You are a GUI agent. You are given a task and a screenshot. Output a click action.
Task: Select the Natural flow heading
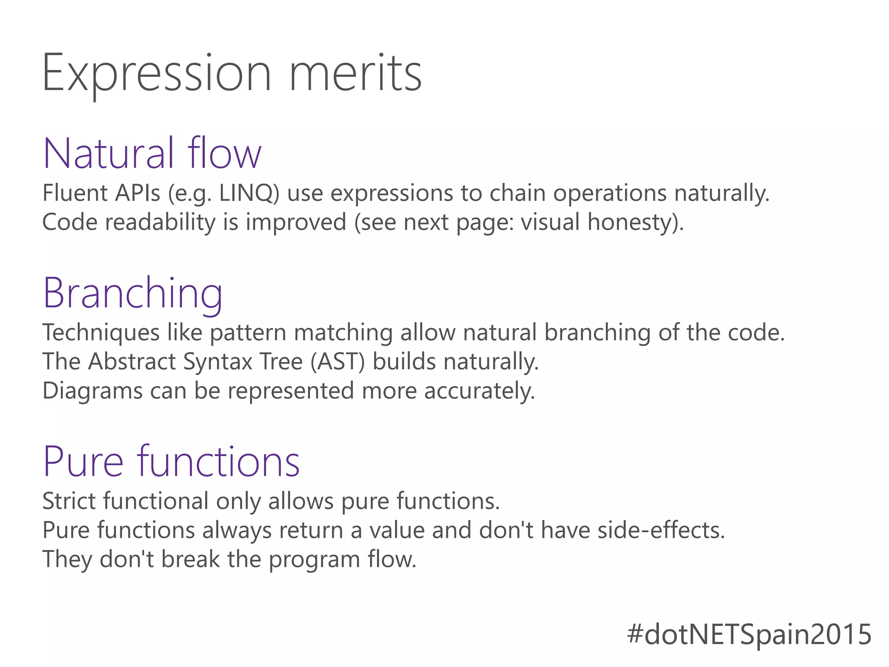152,153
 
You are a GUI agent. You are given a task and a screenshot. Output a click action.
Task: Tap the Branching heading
133,293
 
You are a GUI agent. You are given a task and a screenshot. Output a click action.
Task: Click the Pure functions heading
171,461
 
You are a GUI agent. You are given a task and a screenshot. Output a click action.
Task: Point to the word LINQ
249,193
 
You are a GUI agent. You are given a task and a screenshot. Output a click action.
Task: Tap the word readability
160,222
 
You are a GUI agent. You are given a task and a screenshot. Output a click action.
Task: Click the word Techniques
101,333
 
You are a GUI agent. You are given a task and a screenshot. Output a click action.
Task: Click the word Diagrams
92,391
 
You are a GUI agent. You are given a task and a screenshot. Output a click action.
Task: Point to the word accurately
479,391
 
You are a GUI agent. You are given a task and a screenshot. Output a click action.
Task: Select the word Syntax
217,361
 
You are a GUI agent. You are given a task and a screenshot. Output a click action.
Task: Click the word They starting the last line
67,559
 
